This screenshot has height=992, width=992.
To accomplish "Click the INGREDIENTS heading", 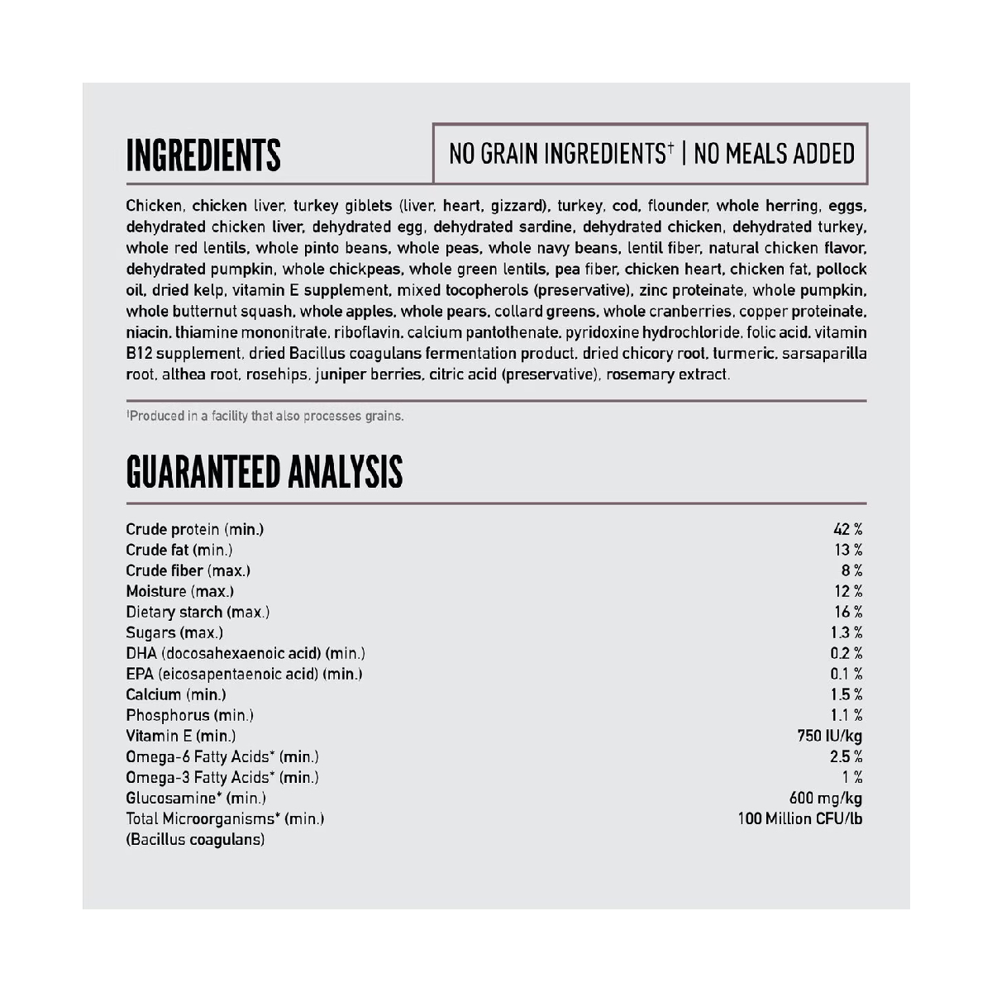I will pos(203,155).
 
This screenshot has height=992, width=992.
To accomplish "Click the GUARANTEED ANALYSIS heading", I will pos(265,472).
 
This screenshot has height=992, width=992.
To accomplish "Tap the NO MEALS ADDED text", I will pos(774,154).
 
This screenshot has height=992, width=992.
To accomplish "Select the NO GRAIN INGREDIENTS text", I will pos(560,154).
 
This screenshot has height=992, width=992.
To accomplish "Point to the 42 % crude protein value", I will pos(848,529).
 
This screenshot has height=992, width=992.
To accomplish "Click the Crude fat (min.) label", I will pos(179,550).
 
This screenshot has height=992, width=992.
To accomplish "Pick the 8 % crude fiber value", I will pos(852,570).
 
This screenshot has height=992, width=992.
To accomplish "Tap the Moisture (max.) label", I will pos(179,591).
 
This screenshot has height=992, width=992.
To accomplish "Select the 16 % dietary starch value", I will pos(848,612).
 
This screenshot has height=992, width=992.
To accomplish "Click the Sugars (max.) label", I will pos(174,632).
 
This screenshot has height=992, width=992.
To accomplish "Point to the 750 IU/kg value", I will pos(829,736).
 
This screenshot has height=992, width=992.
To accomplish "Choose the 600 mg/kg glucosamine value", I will pos(826,798).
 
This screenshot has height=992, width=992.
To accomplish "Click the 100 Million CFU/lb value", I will pos(800,818).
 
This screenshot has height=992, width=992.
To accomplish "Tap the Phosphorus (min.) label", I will pos(189,715).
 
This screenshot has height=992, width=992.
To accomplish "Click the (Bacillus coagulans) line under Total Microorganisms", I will pos(195,839).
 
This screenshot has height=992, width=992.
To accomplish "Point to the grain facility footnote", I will pos(265,416).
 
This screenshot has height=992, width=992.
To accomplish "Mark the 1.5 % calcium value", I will pos(847,694).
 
